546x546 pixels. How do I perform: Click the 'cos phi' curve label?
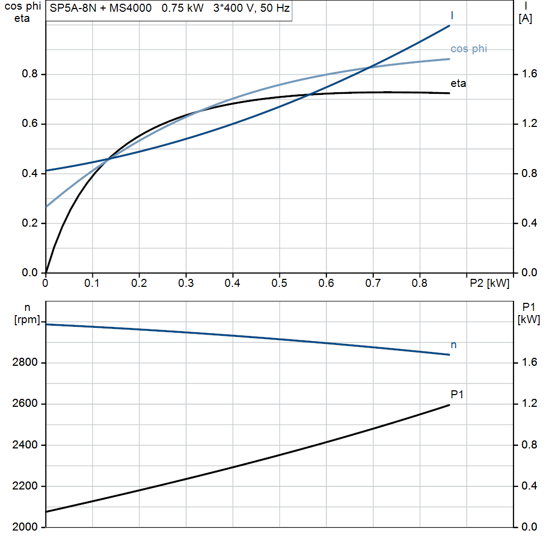point(469,49)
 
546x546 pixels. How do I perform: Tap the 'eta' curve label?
point(458,83)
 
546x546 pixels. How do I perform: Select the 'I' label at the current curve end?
point(452,15)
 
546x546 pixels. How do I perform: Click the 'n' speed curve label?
point(454,345)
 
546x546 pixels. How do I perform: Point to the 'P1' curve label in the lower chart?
point(457,395)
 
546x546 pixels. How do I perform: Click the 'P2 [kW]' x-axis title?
point(489,284)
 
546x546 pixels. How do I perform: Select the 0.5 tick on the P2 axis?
point(279,284)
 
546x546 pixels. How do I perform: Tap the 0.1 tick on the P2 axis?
point(92,284)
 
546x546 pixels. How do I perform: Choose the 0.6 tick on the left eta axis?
point(30,124)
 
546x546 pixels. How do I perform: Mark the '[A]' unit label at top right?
point(525,19)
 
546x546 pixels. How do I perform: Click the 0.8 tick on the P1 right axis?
point(529,445)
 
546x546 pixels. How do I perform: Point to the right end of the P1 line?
point(449,405)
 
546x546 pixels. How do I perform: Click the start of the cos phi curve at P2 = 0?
point(46,206)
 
